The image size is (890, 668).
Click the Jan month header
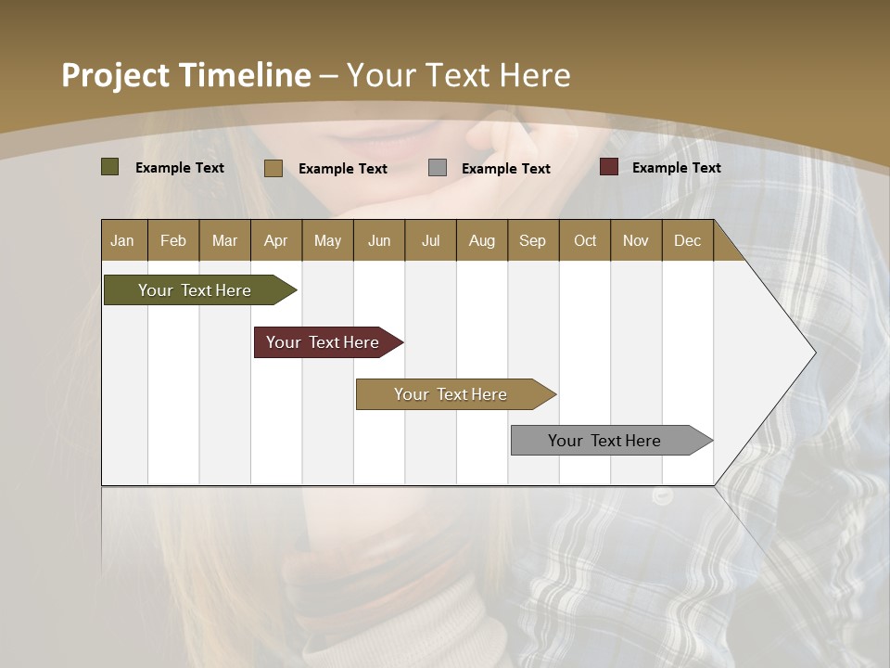click(122, 240)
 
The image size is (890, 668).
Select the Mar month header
click(224, 240)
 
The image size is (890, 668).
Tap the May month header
click(327, 240)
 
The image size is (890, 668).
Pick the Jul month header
click(430, 240)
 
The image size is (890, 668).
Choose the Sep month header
click(532, 240)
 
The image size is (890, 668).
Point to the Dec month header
click(687, 240)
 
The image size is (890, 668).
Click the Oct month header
click(585, 240)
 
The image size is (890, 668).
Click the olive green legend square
click(110, 167)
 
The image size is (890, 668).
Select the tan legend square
click(273, 168)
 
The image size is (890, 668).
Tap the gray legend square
click(438, 168)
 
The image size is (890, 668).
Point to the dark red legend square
click(609, 167)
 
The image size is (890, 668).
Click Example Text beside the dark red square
click(676, 168)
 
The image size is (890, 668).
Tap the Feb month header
click(173, 240)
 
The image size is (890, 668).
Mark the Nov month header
click(636, 240)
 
